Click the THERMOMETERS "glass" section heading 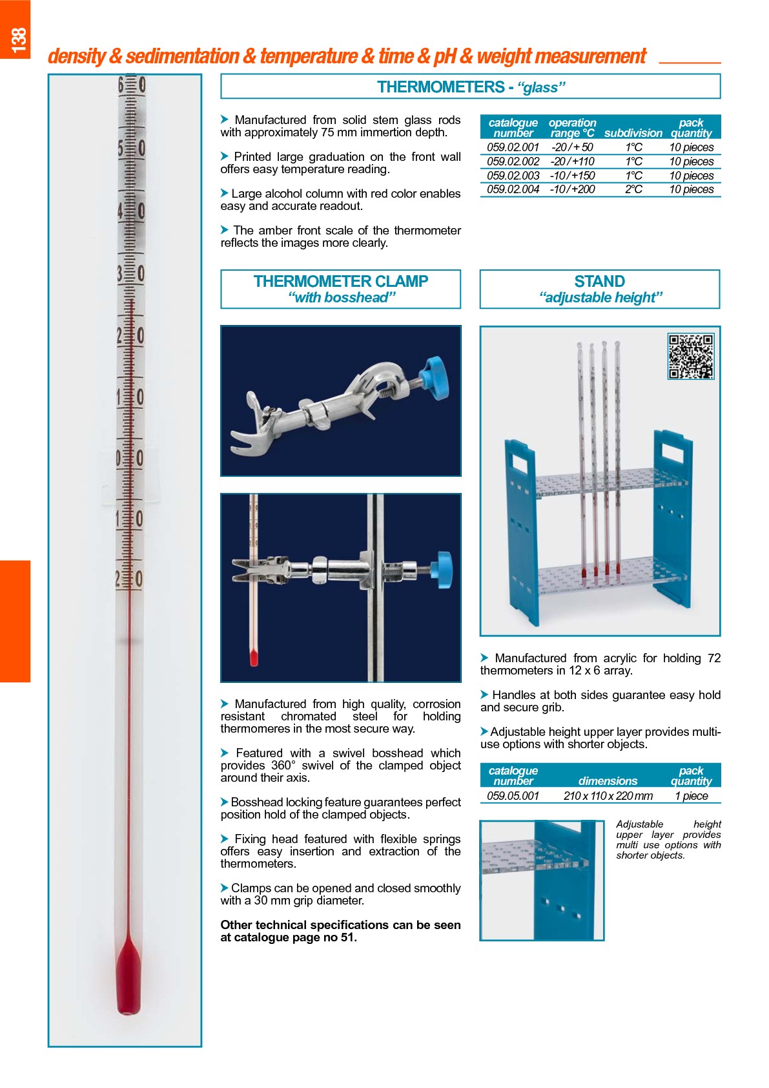pos(470,87)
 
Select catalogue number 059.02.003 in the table pos(513,176)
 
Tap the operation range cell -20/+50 pos(571,147)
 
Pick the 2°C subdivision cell pos(633,189)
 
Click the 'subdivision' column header pos(633,133)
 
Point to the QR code pos(690,356)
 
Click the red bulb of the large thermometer pos(128,979)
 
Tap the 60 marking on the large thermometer pos(132,85)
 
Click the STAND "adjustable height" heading pos(599,289)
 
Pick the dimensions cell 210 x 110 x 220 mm pos(608,796)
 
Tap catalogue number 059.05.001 pos(513,796)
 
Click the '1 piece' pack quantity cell pos(691,796)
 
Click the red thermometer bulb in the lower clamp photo pos(254,658)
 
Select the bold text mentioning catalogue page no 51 pos(340,931)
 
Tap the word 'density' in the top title pos(76,57)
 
